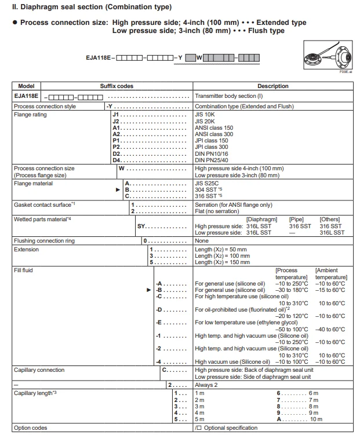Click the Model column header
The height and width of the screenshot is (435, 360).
[x=27, y=86]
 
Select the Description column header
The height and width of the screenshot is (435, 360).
[x=272, y=86]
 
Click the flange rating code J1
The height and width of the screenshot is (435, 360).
[x=115, y=115]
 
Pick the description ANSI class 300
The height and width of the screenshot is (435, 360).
[x=214, y=134]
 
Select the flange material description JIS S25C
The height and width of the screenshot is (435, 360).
[x=208, y=184]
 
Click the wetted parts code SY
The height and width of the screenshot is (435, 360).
[x=141, y=226]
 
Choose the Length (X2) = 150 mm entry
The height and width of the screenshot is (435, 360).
[x=223, y=262]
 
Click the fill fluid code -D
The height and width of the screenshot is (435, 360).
[x=159, y=310]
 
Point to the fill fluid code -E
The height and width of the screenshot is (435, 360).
[x=159, y=323]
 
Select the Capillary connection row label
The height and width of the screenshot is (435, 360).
[x=39, y=370]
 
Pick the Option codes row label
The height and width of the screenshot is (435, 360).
[x=30, y=428]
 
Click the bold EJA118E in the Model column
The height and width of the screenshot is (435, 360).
[x=27, y=96]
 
